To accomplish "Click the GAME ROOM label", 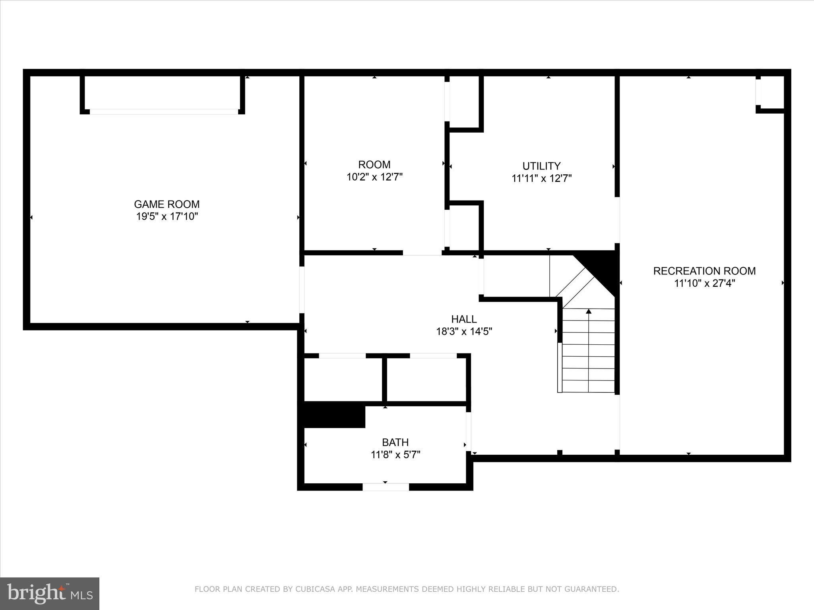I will pos(167,204).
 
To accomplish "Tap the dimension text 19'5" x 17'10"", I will pos(167,216).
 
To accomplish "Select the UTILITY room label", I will pos(541,166).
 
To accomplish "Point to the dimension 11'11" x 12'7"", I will pos(541,178).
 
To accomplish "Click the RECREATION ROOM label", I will pos(704,271).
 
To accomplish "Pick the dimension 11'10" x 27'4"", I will pos(704,283).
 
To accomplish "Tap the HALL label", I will pos(464,319).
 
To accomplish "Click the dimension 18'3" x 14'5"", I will pos(464,331).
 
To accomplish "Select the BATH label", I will pos(395,442).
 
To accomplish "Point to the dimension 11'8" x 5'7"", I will pos(395,454).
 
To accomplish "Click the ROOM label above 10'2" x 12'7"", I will pos(374,164).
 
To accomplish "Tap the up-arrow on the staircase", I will pos(589,312).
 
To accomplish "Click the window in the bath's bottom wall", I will pos(386,487).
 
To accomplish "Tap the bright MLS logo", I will pos(50,593).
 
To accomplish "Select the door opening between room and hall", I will pos(422,253).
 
